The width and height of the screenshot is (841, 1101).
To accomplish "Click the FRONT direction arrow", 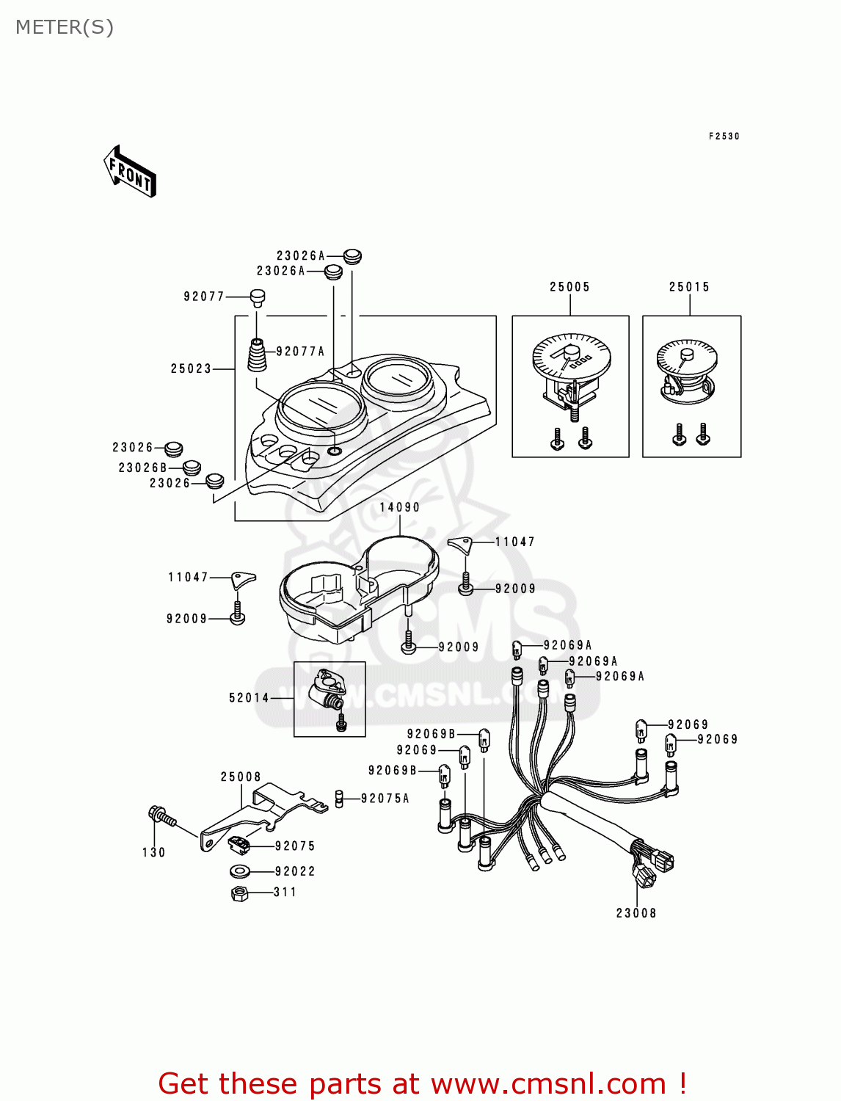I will pos(130,172).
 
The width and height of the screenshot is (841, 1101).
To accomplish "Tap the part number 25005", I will pos(569,287).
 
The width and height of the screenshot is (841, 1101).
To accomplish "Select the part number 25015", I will pos(689,287).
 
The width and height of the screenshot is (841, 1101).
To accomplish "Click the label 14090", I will pos(400,507).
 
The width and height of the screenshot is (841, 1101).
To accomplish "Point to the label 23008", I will pos(636,913).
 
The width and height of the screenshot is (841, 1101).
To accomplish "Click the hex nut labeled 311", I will pos(239,893).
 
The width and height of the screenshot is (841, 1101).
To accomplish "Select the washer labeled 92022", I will pos(239,871).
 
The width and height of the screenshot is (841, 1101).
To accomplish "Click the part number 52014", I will pos(249,697).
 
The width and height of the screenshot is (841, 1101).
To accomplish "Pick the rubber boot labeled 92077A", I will pos(257,355).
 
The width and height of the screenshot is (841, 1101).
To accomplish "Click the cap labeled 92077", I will pos(257,297).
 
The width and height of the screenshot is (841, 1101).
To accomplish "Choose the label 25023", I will pos(191,368).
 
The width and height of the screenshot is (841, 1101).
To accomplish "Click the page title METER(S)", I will pos(65,27).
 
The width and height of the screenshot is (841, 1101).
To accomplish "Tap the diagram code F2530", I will pos(724,137).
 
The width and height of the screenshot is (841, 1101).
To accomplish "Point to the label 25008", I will pos(241,777).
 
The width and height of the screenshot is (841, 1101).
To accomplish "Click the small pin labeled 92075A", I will pos(340,798).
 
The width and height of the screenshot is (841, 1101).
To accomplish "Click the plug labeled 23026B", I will pos(192,468).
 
